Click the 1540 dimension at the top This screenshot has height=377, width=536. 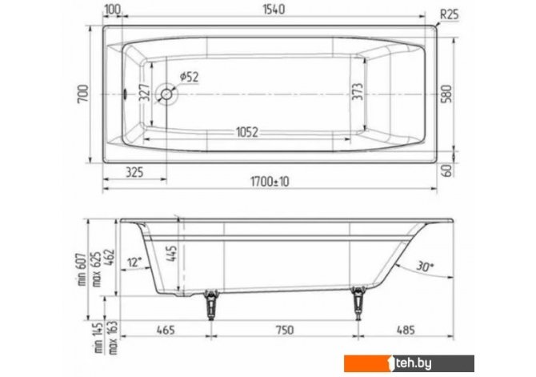[274, 10]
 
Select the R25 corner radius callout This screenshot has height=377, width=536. [449, 14]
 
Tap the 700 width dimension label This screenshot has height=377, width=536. [83, 94]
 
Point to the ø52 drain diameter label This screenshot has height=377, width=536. [189, 77]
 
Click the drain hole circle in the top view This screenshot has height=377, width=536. [167, 94]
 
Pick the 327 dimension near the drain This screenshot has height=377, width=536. [145, 93]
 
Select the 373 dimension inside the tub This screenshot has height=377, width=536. [358, 92]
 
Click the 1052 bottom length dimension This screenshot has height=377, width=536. [247, 132]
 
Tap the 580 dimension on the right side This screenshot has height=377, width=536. [446, 94]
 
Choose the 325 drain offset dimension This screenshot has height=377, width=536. [134, 172]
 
